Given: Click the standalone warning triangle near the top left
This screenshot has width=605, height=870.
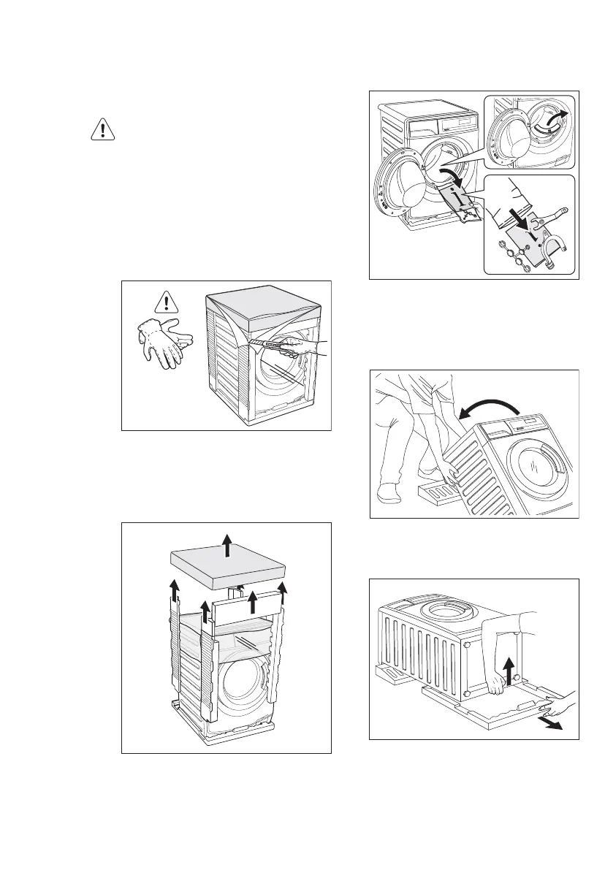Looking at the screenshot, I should pos(104,129).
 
